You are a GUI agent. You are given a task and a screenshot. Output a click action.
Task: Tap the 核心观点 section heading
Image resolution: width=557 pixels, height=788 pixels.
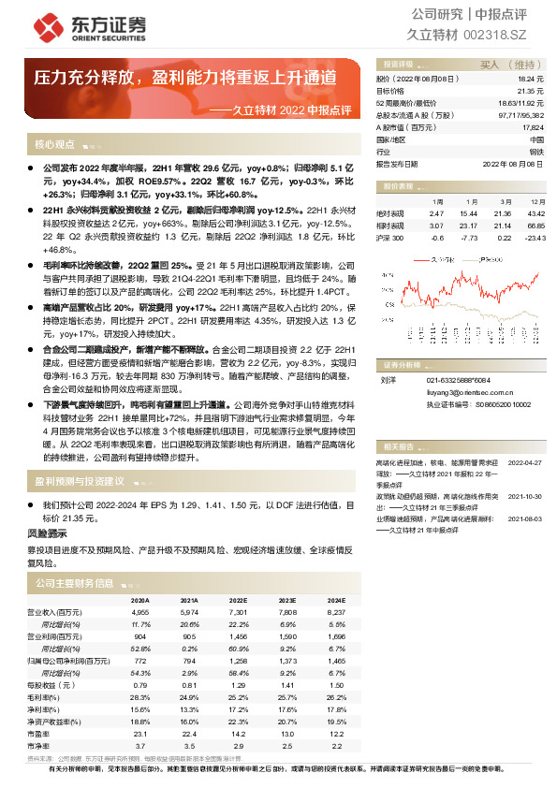click(55, 145)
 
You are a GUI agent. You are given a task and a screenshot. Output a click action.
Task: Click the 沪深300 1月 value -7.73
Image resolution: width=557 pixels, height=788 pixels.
click(469, 237)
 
